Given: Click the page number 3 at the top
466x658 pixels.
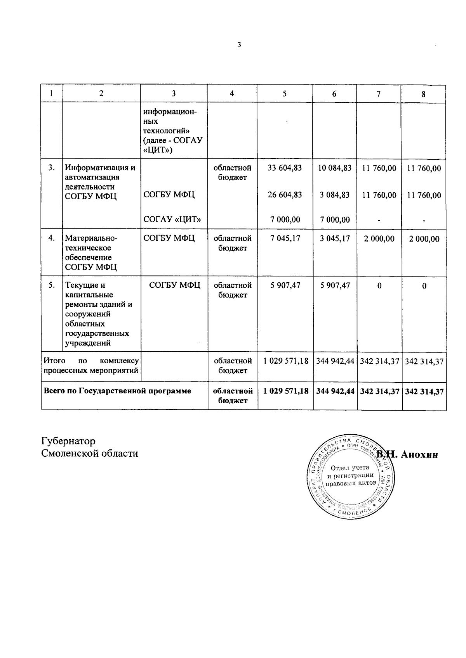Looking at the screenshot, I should [239, 45].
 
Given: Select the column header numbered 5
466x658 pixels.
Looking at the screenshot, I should [285, 93].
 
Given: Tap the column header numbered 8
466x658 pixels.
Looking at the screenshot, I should [424, 94].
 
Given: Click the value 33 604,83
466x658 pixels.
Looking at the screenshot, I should [285, 168].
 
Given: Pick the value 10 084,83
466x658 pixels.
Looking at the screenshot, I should [334, 168].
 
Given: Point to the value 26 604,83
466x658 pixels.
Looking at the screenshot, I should [285, 195].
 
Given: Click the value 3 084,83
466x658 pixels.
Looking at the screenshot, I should [334, 195].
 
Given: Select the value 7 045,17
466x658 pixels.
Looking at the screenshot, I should [285, 238].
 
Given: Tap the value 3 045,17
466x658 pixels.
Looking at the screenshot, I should [334, 238].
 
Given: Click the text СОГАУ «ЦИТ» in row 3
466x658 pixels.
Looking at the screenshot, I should [172, 219].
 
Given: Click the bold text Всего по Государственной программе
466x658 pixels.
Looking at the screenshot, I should [117, 391].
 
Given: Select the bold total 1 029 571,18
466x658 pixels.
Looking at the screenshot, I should [286, 391].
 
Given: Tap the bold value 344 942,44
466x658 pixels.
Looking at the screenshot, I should [335, 391].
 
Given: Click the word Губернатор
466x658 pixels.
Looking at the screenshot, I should [68, 441].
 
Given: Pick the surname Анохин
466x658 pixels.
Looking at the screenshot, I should [419, 454].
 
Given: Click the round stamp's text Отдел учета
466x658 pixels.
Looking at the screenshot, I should [350, 468].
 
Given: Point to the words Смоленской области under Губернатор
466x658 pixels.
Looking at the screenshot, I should [90, 453].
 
